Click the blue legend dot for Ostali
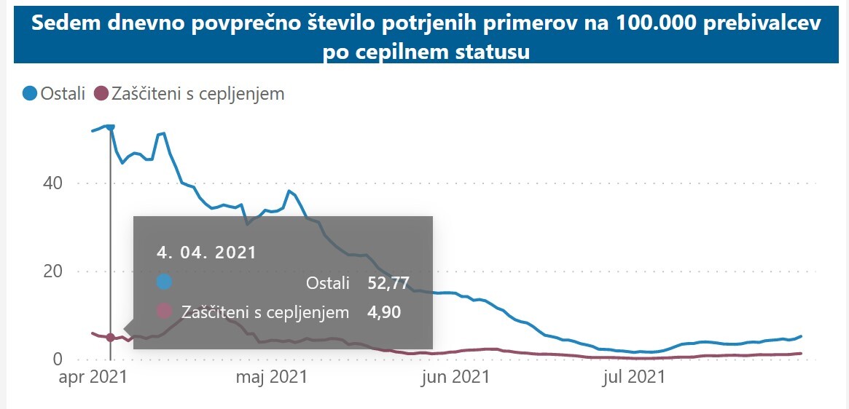tap(30, 93)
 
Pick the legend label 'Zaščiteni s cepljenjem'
tap(198, 93)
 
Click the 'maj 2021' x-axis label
tap(270, 377)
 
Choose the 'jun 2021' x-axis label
tap(455, 377)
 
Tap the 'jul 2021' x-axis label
tap(635, 377)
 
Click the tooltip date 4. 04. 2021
tap(207, 253)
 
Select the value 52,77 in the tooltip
tap(388, 282)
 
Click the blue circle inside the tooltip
tap(165, 282)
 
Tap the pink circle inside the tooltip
tap(165, 312)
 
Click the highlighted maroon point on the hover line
tap(110, 338)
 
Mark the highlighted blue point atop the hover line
tap(110, 127)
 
